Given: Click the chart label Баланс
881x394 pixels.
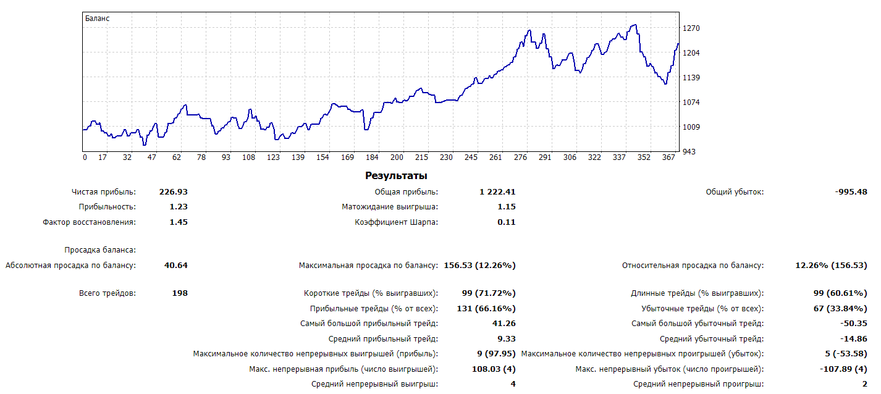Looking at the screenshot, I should (97, 19).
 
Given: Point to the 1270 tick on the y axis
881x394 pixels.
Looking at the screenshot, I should (691, 28).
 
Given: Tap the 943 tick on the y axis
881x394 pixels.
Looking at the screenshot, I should (689, 151).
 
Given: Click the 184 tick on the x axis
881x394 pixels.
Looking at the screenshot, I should (372, 157).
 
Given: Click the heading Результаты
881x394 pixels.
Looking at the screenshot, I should (396, 176).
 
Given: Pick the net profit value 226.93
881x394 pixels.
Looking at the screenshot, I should (175, 192).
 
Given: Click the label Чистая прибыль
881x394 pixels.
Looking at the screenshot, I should (104, 192).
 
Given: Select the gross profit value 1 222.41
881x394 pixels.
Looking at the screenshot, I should (497, 192).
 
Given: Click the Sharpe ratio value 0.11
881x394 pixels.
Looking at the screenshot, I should (506, 222).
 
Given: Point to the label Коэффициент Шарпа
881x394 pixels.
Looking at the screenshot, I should (396, 222).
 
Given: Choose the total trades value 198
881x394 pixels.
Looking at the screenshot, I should (180, 293).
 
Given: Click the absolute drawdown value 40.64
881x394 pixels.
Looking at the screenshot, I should (176, 266).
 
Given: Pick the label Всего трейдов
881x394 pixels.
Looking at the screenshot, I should (107, 293).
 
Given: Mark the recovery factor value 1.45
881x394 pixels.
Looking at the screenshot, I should (179, 222).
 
